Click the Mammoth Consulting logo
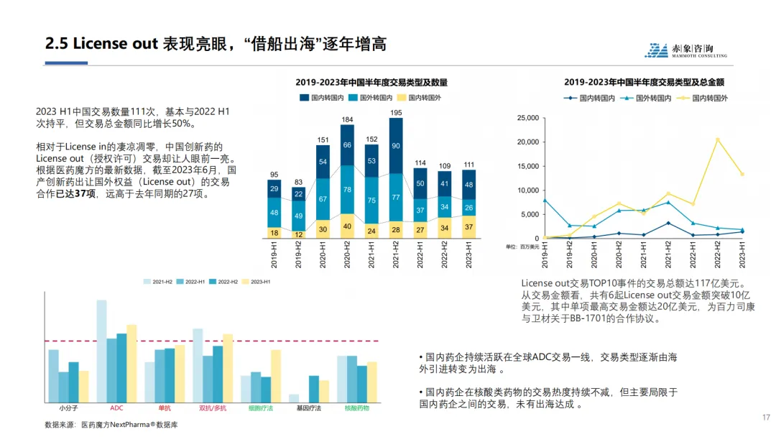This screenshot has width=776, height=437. coord(685,50)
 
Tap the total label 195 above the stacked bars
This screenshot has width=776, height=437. coord(395,113)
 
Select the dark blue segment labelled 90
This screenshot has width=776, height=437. coord(395,146)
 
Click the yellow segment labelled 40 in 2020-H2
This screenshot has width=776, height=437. coord(347,226)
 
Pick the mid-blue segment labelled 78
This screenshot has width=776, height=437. coord(347,190)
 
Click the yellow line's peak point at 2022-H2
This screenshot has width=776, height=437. coord(717,139)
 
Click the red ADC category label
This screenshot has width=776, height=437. coord(116,408)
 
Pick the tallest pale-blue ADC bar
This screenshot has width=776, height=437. coord(102,351)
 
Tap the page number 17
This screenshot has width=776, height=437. coord(765,417)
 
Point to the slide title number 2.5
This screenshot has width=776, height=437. coord(56,44)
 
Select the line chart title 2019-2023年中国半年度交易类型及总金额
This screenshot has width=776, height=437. coord(643,83)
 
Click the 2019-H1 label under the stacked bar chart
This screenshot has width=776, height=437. coord(274,254)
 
